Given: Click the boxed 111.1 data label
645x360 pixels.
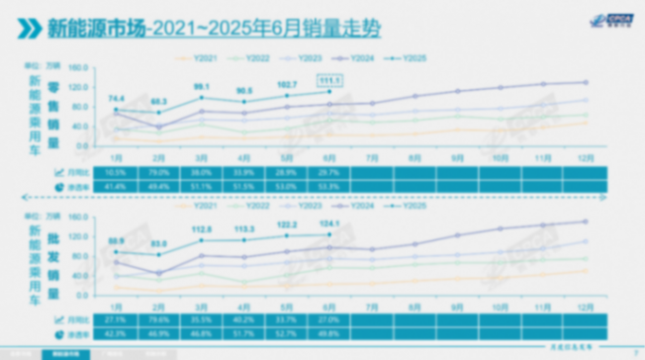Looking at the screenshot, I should pyautogui.click(x=329, y=79).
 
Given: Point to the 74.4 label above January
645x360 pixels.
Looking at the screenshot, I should pyautogui.click(x=117, y=98).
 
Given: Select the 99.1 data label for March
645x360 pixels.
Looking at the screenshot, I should pyautogui.click(x=201, y=86).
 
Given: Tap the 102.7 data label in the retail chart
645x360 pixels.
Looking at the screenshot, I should pyautogui.click(x=287, y=85).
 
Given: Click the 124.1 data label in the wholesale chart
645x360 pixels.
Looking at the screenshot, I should pyautogui.click(x=329, y=224).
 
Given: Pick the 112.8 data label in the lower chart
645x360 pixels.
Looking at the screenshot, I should pyautogui.click(x=201, y=228).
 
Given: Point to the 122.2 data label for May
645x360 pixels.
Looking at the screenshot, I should pyautogui.click(x=287, y=225).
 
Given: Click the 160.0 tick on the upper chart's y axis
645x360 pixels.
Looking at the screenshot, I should pyautogui.click(x=80, y=68).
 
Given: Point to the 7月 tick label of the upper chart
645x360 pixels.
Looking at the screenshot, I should pyautogui.click(x=372, y=157).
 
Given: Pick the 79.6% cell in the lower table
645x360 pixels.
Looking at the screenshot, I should pyautogui.click(x=159, y=319).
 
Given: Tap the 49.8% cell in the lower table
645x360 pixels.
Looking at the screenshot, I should pyautogui.click(x=329, y=333).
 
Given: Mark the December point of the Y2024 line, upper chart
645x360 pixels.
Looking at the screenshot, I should pyautogui.click(x=585, y=82).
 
